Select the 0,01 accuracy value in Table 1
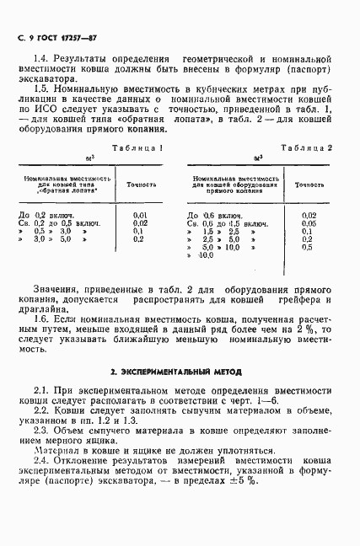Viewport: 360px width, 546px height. pos(140,216)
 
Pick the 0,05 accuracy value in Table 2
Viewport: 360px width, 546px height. pos(308,223)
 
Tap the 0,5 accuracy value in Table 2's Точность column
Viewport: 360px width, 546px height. pos(308,246)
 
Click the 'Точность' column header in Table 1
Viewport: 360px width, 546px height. pos(141,183)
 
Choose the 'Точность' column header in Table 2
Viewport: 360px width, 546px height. pos(309,183)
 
